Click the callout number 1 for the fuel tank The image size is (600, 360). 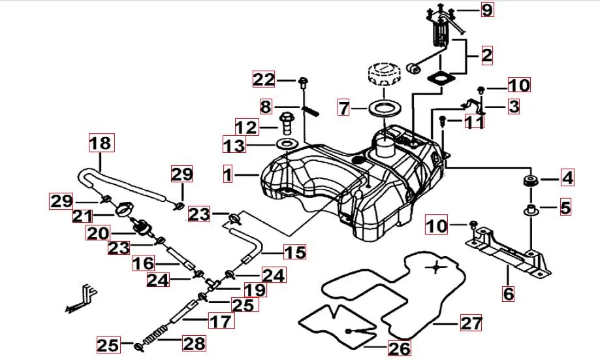pyautogui.click(x=227, y=174)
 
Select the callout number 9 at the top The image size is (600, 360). pyautogui.click(x=506, y=10)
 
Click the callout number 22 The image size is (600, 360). pyautogui.click(x=264, y=80)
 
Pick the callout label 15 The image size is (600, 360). pyautogui.click(x=295, y=252)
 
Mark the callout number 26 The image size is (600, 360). pyautogui.click(x=399, y=349)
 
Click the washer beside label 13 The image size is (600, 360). pyautogui.click(x=285, y=144)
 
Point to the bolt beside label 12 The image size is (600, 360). pyautogui.click(x=287, y=122)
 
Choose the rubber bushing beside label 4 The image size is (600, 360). pyautogui.click(x=531, y=180)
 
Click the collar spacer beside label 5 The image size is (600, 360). pyautogui.click(x=531, y=210)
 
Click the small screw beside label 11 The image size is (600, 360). pyautogui.click(x=443, y=121)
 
